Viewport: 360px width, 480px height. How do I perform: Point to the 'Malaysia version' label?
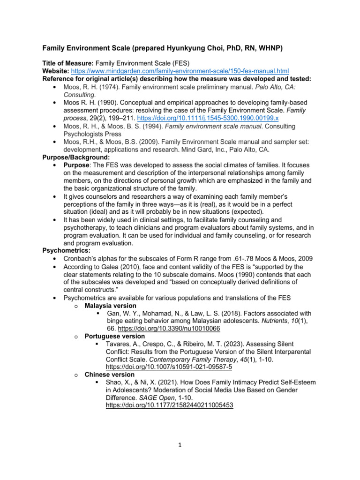pyautogui.click(x=111, y=305)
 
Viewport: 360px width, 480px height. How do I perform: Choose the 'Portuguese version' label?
pyautogui.click(x=115, y=336)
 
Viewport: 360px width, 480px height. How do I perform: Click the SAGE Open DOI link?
pyautogui.click(x=167, y=405)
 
